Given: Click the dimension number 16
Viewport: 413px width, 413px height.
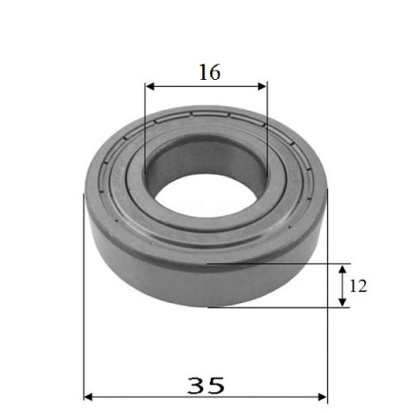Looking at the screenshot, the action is [210, 72].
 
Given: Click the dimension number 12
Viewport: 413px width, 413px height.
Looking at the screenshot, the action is [358, 286].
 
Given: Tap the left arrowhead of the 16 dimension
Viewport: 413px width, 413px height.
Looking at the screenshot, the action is [150, 86].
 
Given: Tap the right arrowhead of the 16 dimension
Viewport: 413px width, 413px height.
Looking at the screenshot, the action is [262, 86].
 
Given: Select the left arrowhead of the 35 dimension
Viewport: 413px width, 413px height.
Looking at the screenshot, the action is [88, 397].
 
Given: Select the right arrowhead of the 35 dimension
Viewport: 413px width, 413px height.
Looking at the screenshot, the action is [323, 397].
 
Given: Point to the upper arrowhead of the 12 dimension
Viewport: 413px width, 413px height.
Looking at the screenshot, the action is [342, 269].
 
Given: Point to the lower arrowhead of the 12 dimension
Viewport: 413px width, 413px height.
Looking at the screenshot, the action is [342, 302].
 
